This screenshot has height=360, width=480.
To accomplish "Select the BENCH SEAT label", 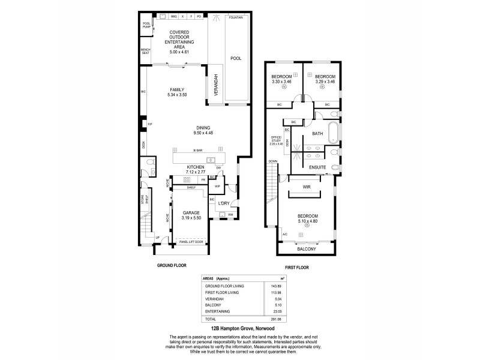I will [x=145, y=51].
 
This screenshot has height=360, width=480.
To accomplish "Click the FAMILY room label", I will [x=178, y=89].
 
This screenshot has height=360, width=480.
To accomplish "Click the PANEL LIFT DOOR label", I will [x=190, y=242].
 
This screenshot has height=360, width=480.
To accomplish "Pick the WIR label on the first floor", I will [x=306, y=188].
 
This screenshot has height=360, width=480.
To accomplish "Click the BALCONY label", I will [x=306, y=248].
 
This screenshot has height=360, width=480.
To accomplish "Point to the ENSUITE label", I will [x=317, y=166].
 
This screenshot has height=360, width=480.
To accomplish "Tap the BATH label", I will [x=317, y=134].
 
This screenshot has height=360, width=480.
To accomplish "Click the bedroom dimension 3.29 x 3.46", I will [x=325, y=82].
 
